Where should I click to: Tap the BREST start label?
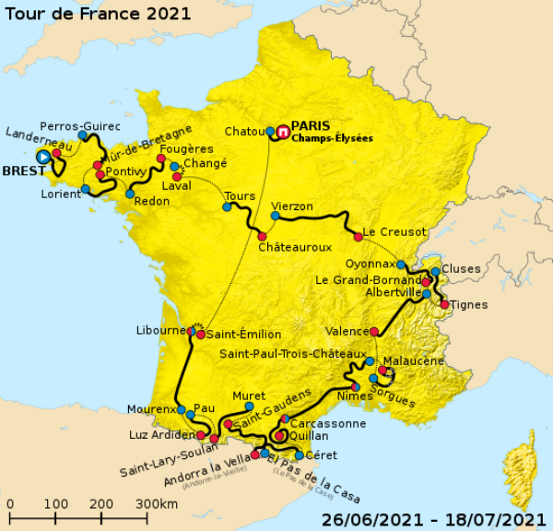coord(24,171)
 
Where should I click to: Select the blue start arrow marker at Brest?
coord(42,157)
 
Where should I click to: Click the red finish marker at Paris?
coord(283,131)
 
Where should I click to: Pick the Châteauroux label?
coord(294,248)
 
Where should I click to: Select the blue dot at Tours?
coord(227,207)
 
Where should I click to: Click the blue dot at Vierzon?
coord(275,216)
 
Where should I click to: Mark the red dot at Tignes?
coord(444,304)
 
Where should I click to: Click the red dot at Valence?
coord(374,332)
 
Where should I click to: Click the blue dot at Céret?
coord(299,455)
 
